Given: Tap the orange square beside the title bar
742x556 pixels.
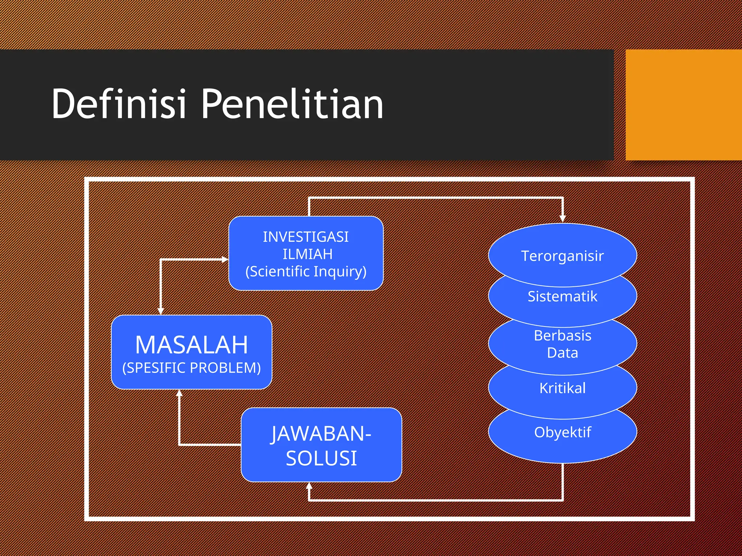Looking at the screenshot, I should pyautogui.click(x=683, y=105).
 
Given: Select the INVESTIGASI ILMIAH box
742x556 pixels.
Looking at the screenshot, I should pyautogui.click(x=306, y=253).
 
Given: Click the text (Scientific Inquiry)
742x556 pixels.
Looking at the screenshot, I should pyautogui.click(x=306, y=271).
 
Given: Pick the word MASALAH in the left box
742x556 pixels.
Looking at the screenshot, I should pyautogui.click(x=191, y=345).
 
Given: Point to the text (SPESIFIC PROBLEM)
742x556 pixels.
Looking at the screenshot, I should pyautogui.click(x=191, y=368).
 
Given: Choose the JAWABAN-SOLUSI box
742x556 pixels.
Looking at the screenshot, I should pyautogui.click(x=321, y=445).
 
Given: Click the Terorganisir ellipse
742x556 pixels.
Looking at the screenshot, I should pyautogui.click(x=562, y=256).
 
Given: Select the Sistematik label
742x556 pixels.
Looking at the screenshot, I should pyautogui.click(x=562, y=296).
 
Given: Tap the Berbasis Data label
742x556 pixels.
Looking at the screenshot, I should pyautogui.click(x=562, y=344).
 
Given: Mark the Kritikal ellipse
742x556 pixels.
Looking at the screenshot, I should pyautogui.click(x=562, y=388).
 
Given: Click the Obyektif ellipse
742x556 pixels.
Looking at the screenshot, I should pyautogui.click(x=562, y=432).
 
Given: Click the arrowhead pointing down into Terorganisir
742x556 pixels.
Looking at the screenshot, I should pyautogui.click(x=562, y=218).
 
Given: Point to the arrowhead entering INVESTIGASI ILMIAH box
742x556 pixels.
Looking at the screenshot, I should pyautogui.click(x=225, y=259).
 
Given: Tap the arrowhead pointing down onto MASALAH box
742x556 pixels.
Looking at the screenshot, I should pyautogui.click(x=161, y=311).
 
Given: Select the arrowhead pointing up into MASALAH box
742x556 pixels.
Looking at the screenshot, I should pyautogui.click(x=179, y=393).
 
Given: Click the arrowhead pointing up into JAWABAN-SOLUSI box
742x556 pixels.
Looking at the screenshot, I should pyautogui.click(x=309, y=486).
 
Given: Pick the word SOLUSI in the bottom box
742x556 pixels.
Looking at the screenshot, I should pyautogui.click(x=321, y=458).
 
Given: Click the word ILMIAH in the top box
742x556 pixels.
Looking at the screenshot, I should pyautogui.click(x=307, y=254).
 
